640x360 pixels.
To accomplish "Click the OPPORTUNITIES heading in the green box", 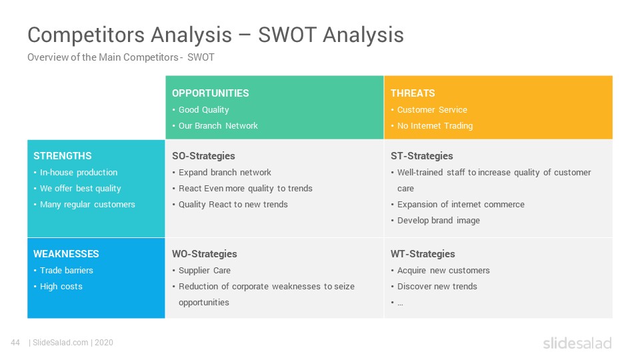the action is pyautogui.click(x=210, y=93).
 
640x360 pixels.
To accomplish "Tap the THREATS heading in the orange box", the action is pyautogui.click(x=413, y=93).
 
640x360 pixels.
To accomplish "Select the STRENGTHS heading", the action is pyautogui.click(x=63, y=156).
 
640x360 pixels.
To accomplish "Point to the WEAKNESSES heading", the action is pyautogui.click(x=66, y=254).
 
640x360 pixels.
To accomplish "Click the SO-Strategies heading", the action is pyautogui.click(x=203, y=156).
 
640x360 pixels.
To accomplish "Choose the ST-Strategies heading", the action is pyautogui.click(x=421, y=156).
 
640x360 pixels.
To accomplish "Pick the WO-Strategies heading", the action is pyautogui.click(x=205, y=254).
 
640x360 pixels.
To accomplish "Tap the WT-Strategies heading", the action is pyautogui.click(x=423, y=254).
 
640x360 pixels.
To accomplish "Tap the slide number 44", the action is pyautogui.click(x=15, y=343).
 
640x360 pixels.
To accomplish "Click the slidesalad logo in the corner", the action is pyautogui.click(x=577, y=343).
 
